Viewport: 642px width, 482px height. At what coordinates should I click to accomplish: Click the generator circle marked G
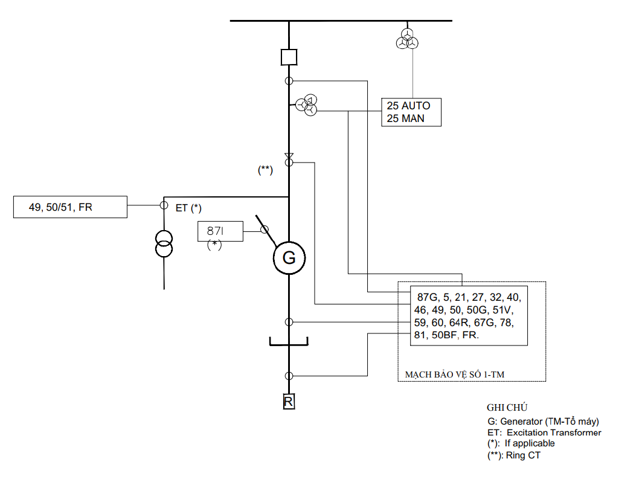tap(289, 242)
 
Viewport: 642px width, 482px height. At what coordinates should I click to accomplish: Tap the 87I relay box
tap(220, 222)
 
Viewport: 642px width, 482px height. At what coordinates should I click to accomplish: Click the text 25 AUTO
tap(408, 106)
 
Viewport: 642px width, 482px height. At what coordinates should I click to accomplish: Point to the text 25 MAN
tap(405, 118)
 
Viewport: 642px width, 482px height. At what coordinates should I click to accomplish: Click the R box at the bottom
tap(289, 402)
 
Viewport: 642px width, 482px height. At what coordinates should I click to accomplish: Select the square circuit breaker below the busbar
tap(289, 50)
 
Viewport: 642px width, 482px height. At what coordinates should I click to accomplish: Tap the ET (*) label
tap(188, 208)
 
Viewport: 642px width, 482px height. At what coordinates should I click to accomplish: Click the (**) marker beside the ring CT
tap(265, 170)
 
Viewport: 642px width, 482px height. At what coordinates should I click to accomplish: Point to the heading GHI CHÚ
tap(507, 408)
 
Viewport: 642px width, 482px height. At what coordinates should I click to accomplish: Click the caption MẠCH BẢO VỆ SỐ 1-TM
tap(455, 374)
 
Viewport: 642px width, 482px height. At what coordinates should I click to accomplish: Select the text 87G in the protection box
tap(427, 297)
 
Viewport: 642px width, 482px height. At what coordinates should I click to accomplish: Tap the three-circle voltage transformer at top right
tap(407, 39)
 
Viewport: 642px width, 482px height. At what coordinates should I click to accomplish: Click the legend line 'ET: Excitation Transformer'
tap(544, 432)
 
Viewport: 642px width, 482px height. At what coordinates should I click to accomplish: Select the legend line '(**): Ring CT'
tap(514, 455)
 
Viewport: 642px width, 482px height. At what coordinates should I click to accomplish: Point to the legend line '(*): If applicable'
tap(521, 443)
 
